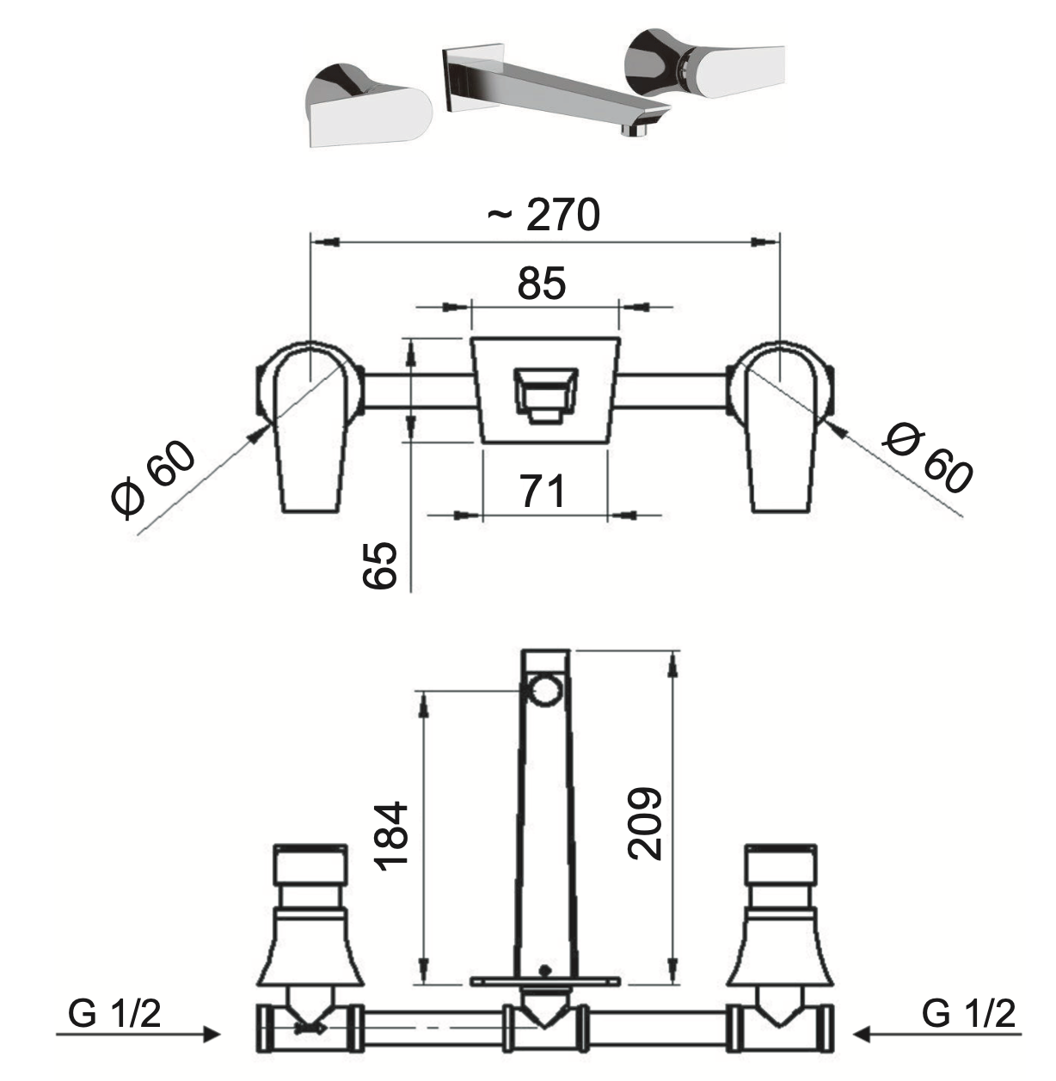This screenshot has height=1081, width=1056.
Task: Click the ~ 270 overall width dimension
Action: pyautogui.click(x=543, y=215)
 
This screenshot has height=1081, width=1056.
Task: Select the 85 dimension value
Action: pyautogui.click(x=542, y=284)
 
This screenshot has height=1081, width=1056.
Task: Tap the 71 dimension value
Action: pyautogui.click(x=543, y=491)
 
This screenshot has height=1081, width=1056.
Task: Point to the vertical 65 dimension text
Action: pyautogui.click(x=380, y=565)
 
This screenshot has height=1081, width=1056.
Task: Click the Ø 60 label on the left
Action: pyautogui.click(x=153, y=479)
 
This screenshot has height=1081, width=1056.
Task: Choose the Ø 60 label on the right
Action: pyautogui.click(x=928, y=459)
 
